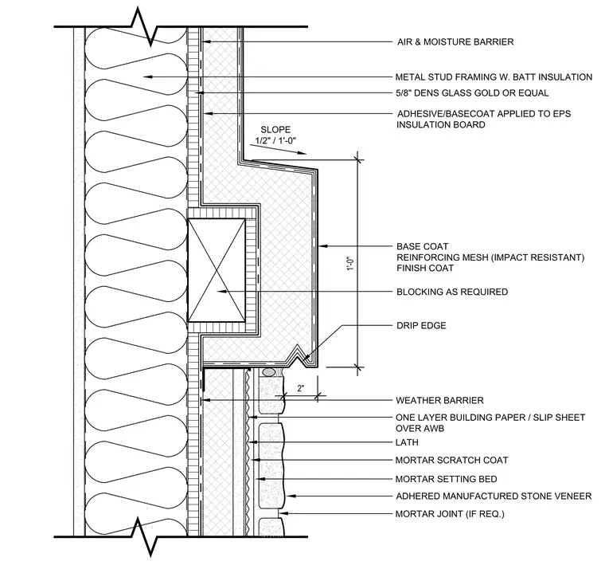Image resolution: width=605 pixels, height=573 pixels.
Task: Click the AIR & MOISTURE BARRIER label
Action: pyautogui.click(x=455, y=41)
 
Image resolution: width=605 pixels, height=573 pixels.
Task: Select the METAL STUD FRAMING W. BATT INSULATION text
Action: pyautogui.click(x=494, y=77)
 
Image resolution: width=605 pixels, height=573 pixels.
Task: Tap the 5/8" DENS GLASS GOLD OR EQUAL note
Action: pyautogui.click(x=472, y=92)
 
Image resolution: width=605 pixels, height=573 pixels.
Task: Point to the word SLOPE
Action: pyautogui.click(x=275, y=130)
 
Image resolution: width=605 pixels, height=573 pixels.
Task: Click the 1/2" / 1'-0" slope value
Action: pyautogui.click(x=275, y=140)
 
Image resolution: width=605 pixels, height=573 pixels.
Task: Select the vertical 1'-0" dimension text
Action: pyautogui.click(x=350, y=264)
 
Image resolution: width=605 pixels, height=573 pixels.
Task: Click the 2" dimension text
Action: pyautogui.click(x=301, y=388)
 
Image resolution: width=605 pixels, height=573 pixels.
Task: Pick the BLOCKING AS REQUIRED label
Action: pyautogui.click(x=452, y=292)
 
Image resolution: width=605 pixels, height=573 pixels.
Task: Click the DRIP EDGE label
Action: pyautogui.click(x=421, y=325)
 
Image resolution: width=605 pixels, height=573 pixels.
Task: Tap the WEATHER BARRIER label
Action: pyautogui.click(x=439, y=400)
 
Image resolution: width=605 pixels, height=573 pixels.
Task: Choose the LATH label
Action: pyautogui.click(x=407, y=442)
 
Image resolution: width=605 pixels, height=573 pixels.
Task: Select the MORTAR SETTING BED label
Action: pyautogui.click(x=446, y=479)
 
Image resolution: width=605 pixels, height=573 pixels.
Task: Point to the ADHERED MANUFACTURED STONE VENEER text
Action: pyautogui.click(x=494, y=496)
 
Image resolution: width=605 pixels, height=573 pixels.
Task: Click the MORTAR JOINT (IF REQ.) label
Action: pyautogui.click(x=450, y=514)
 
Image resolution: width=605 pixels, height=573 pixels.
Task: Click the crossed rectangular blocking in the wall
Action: pyautogui.click(x=217, y=270)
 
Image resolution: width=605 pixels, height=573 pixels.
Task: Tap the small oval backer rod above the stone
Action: pyautogui.click(x=269, y=372)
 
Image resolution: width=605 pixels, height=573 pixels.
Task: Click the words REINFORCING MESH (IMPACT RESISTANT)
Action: pyautogui.click(x=490, y=257)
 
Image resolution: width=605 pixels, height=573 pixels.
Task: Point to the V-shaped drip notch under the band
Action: pyautogui.click(x=299, y=352)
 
